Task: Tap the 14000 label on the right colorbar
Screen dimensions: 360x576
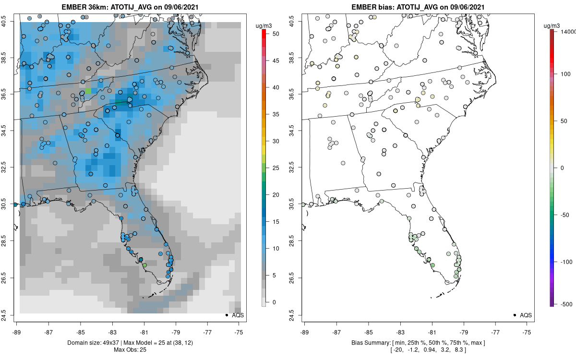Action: click(x=567, y=31)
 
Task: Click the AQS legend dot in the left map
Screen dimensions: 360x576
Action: click(x=226, y=315)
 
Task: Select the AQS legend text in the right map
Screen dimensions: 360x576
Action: click(x=526, y=315)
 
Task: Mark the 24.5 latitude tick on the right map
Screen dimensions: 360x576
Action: click(x=297, y=315)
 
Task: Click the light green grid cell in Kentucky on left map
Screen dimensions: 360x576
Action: click(x=88, y=91)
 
